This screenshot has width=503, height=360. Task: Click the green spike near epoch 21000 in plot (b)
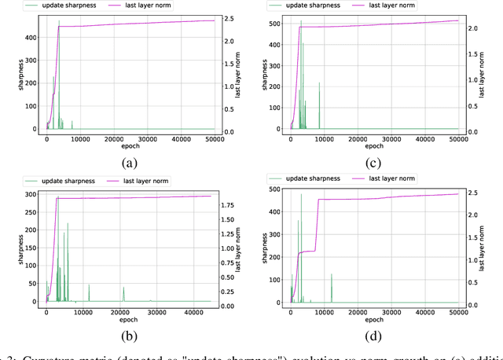pyautogui.click(x=123, y=294)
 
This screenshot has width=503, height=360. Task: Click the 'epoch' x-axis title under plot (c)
pyautogui.click(x=375, y=146)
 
